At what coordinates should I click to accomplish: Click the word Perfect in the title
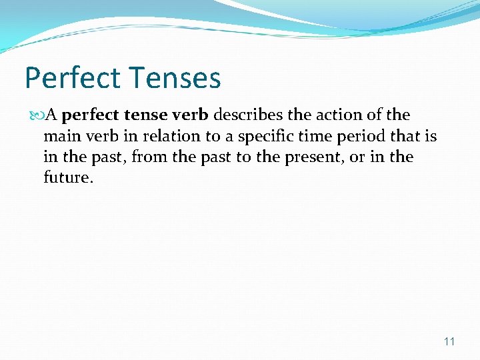pos(73,78)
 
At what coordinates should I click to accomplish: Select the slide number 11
pos(449,341)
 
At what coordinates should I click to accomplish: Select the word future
pos(65,179)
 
